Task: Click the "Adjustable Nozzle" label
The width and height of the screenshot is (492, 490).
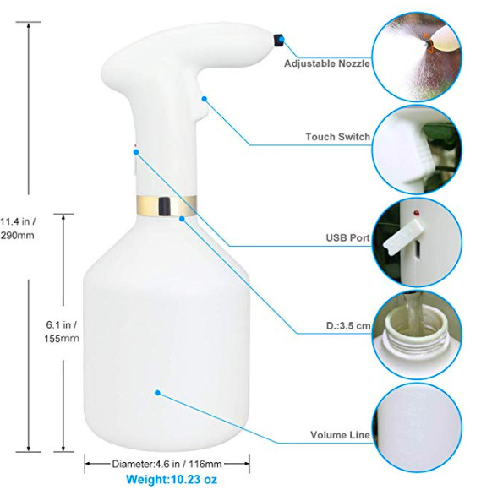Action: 327,63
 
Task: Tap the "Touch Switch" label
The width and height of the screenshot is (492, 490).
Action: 338,137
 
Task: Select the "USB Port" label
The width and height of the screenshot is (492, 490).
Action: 348,237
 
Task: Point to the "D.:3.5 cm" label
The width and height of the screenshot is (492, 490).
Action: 348,326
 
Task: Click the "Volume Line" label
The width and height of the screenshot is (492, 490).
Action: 340,435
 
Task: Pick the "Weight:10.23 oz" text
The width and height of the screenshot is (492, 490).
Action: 172,479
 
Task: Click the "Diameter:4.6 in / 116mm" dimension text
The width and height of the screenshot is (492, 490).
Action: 167,464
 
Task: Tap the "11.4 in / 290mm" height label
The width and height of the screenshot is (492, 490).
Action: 18,228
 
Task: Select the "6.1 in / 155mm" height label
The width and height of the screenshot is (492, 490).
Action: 62,332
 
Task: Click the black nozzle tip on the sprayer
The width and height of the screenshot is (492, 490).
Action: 277,40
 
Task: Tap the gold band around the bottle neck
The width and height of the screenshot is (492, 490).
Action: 167,205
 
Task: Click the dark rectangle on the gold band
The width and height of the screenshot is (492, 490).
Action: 165,206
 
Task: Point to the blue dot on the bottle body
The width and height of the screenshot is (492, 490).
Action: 157,393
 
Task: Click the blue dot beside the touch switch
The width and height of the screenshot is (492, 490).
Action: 205,99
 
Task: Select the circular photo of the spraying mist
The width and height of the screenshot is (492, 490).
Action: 417,57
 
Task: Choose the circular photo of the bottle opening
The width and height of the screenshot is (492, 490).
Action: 417,335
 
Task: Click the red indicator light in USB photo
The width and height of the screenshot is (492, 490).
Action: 417,213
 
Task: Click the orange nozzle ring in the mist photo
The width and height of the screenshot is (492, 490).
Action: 429,42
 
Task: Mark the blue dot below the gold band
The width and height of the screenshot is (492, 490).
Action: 182,219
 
